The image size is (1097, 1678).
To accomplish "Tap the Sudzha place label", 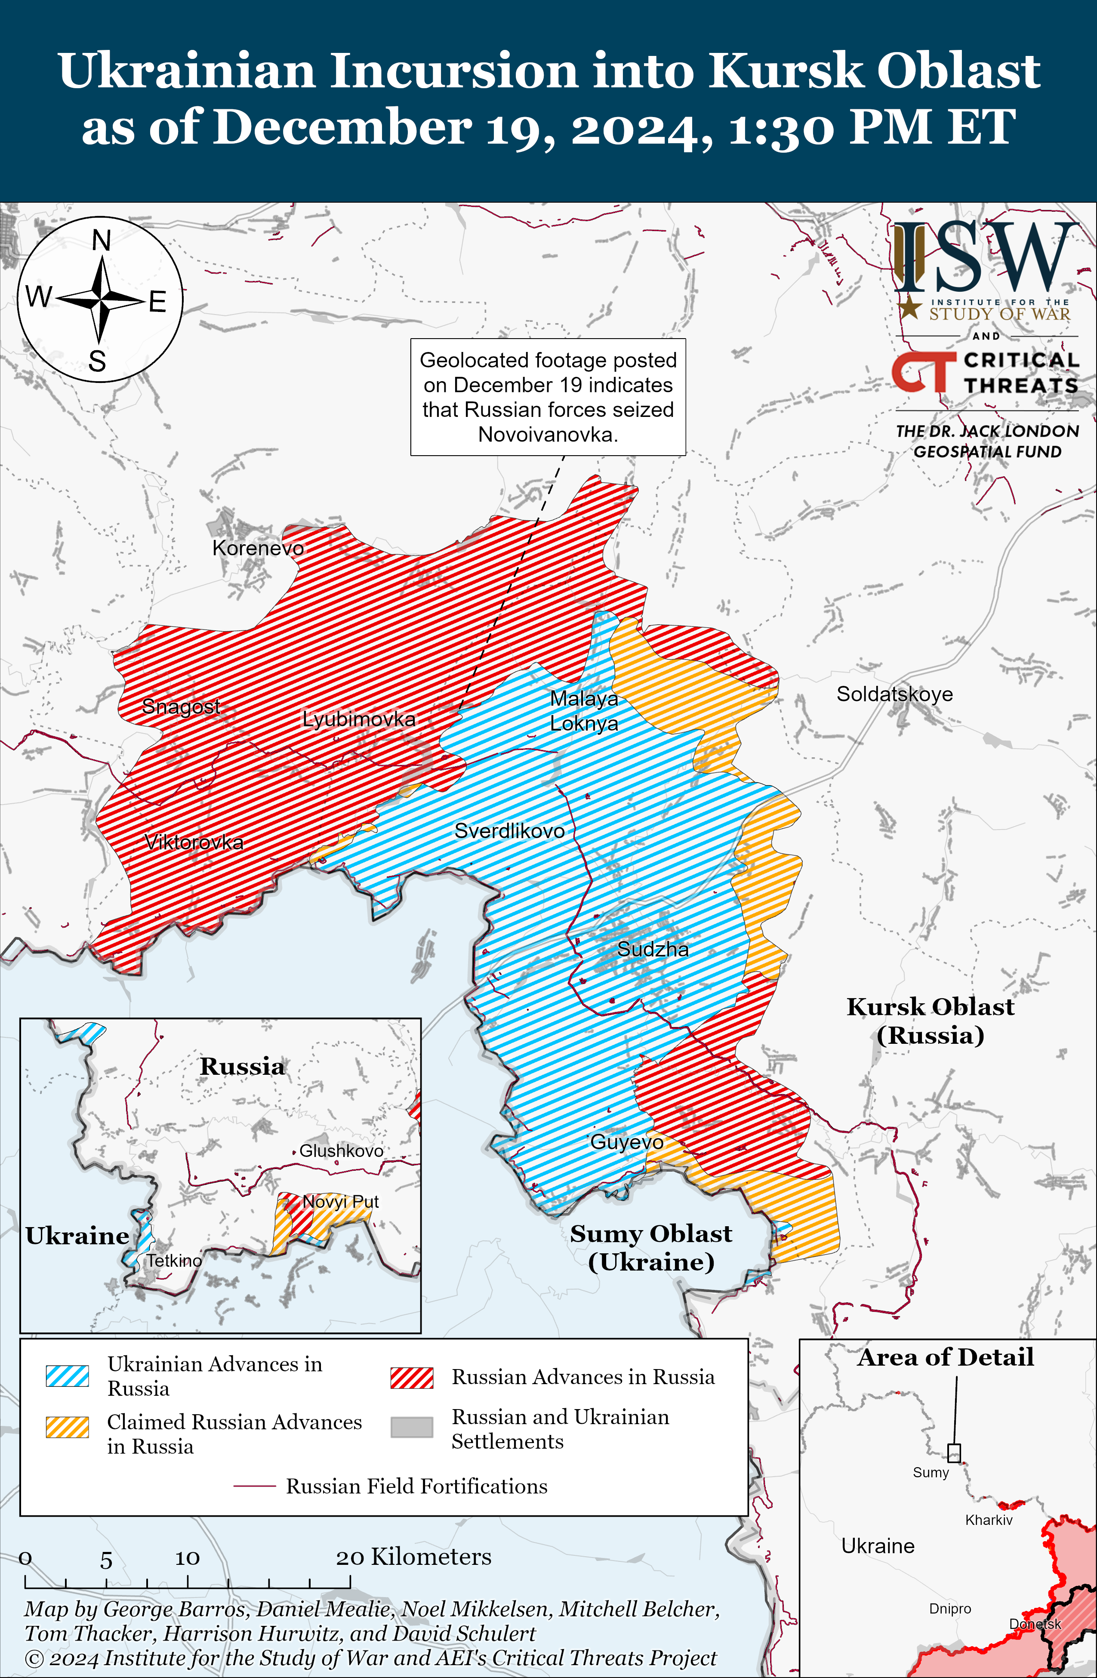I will click(x=653, y=949).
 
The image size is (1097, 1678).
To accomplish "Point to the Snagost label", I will click(x=181, y=706).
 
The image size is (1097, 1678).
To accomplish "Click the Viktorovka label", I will click(x=194, y=842).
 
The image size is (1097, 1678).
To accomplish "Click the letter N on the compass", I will click(x=102, y=241).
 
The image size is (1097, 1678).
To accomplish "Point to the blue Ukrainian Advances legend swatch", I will click(x=67, y=1376).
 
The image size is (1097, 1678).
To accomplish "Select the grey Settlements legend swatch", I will click(x=412, y=1427).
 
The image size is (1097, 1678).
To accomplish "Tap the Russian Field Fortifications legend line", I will click(x=254, y=1486).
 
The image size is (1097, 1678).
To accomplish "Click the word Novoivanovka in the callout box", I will click(x=547, y=434).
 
